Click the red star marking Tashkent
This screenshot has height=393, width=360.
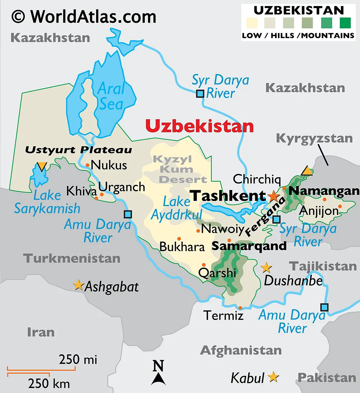tap(273, 196)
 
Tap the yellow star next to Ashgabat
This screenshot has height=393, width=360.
tap(78, 285)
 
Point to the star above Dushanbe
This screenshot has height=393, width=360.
tap(266, 267)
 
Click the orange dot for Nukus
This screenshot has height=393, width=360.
tap(87, 165)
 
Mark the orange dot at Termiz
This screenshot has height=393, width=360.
tap(240, 308)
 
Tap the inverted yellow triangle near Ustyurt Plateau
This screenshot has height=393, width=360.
tap(42, 166)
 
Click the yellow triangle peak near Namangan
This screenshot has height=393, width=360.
tap(307, 170)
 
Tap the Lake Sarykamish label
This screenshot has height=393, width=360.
tap(47, 202)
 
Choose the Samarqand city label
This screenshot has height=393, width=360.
tap(249, 246)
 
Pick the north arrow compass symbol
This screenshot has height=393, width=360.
tap(158, 373)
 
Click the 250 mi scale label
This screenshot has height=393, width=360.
tap(78, 359)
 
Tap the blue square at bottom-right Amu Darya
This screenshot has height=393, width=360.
tap(324, 307)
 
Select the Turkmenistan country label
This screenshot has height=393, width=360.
tap(72, 258)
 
